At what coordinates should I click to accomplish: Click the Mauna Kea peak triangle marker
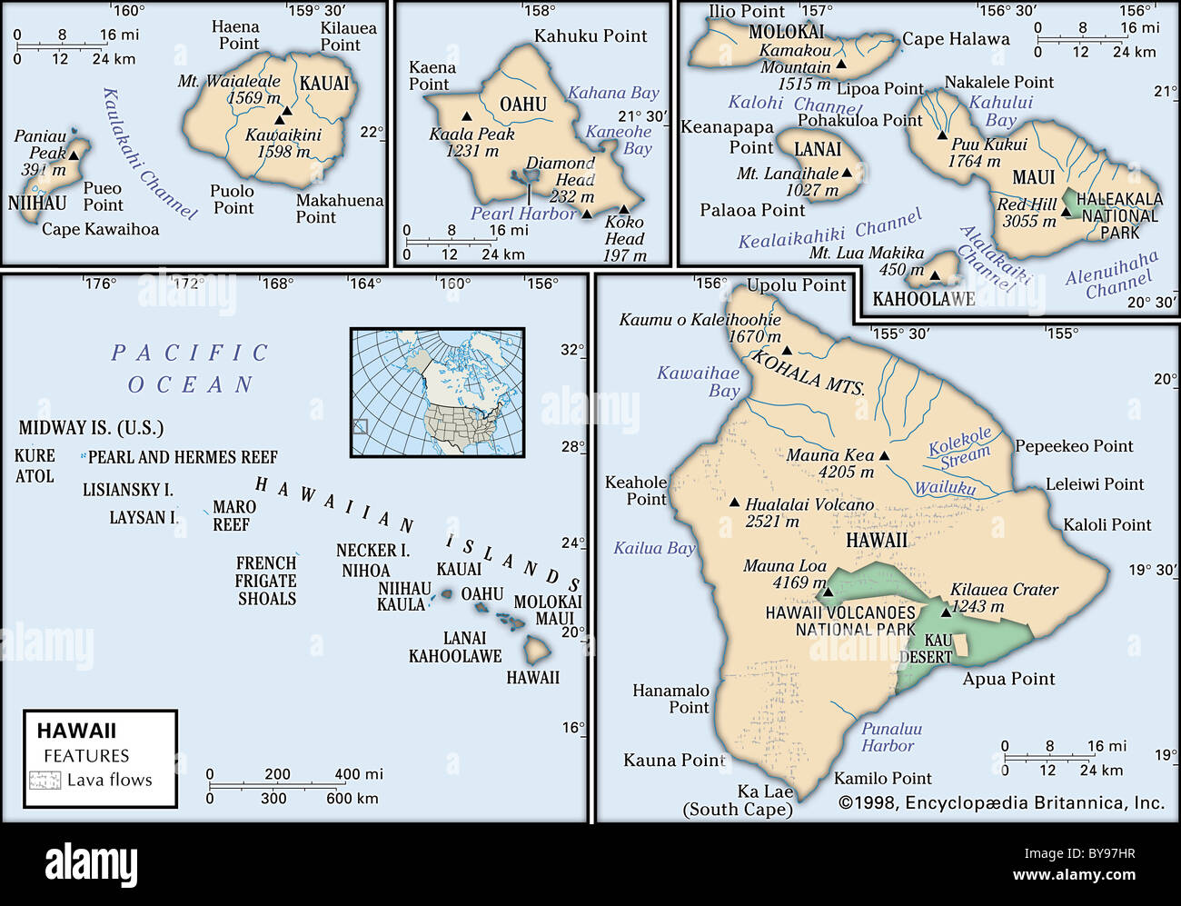tap(884, 457)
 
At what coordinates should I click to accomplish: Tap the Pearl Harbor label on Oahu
tap(523, 214)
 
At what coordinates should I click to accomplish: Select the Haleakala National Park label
tap(1119, 215)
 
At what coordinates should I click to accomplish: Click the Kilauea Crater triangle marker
tap(945, 611)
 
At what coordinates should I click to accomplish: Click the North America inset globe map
tap(437, 392)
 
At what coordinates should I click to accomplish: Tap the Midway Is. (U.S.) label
tap(91, 428)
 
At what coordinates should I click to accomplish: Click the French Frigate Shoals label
tap(266, 581)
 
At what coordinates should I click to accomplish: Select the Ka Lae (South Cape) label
tap(739, 801)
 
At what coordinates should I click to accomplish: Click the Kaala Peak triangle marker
tap(466, 116)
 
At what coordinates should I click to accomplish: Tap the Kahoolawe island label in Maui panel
tap(923, 299)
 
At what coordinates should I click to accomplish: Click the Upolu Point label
tap(796, 285)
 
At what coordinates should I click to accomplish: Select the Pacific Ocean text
tap(190, 368)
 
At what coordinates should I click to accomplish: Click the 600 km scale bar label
tap(352, 798)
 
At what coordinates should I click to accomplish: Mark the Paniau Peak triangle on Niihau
tap(74, 155)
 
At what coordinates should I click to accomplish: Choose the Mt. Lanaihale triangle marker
tap(847, 173)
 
